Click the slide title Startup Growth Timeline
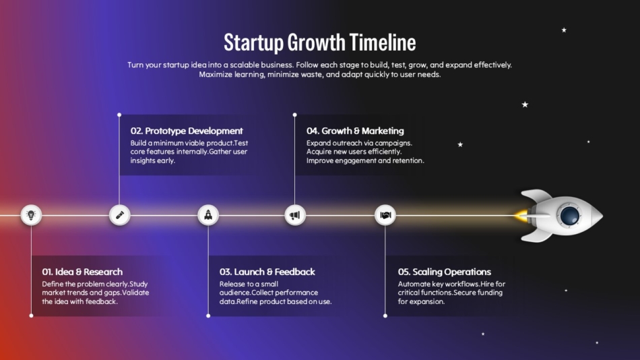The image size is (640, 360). [319, 42]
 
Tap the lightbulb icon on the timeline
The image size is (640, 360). [31, 215]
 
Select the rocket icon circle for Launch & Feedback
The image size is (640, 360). [208, 215]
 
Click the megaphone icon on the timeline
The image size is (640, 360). [294, 215]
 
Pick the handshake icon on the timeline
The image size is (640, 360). [385, 215]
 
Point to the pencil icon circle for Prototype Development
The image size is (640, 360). [119, 215]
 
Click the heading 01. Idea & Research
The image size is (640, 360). [82, 272]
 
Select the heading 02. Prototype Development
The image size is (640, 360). [187, 131]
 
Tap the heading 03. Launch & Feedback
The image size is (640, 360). [267, 272]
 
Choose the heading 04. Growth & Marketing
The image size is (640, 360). [355, 131]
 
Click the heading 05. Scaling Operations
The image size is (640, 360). [444, 272]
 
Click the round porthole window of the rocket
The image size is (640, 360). [569, 216]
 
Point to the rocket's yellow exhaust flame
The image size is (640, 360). [522, 216]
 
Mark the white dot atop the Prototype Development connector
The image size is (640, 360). [119, 115]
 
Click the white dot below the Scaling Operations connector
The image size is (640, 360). [385, 315]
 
